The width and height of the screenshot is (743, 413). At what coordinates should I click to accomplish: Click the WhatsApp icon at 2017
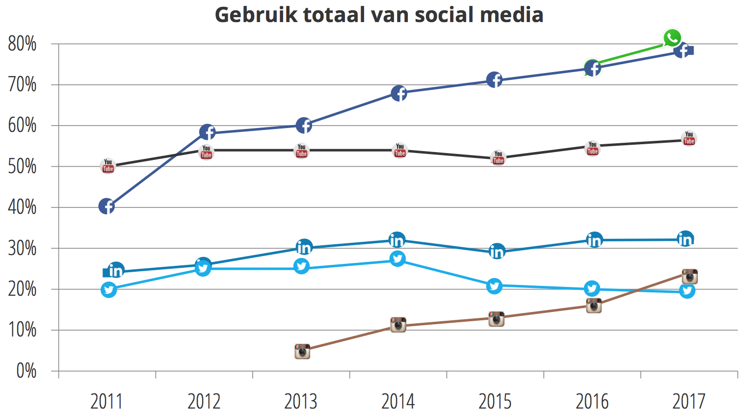672,38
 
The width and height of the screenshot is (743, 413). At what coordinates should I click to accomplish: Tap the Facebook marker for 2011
106,206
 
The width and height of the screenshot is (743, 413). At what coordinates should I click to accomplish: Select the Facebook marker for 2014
399,93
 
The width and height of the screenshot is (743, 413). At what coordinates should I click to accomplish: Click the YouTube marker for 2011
108,166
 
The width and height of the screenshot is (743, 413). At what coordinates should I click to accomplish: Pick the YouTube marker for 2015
498,158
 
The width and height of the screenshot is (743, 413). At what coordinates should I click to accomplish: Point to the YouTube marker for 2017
689,139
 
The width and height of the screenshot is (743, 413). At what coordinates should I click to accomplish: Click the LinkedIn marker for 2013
304,248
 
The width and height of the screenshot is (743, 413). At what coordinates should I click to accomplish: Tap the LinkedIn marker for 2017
685,239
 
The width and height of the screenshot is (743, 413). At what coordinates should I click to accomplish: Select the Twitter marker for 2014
398,259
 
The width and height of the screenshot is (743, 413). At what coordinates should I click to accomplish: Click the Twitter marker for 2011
108,290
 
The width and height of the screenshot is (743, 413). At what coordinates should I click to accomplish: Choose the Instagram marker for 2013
302,351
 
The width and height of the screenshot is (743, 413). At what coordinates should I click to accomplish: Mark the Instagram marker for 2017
690,277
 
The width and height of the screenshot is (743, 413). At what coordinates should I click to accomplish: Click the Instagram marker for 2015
496,319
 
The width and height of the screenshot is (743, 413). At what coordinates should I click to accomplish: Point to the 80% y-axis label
23,44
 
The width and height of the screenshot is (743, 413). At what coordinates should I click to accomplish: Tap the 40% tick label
23,207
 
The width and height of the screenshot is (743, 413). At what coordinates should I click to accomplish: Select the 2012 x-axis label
204,402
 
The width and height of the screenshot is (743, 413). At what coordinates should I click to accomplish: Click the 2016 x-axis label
592,402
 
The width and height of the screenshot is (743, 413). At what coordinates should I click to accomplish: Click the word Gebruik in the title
256,15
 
